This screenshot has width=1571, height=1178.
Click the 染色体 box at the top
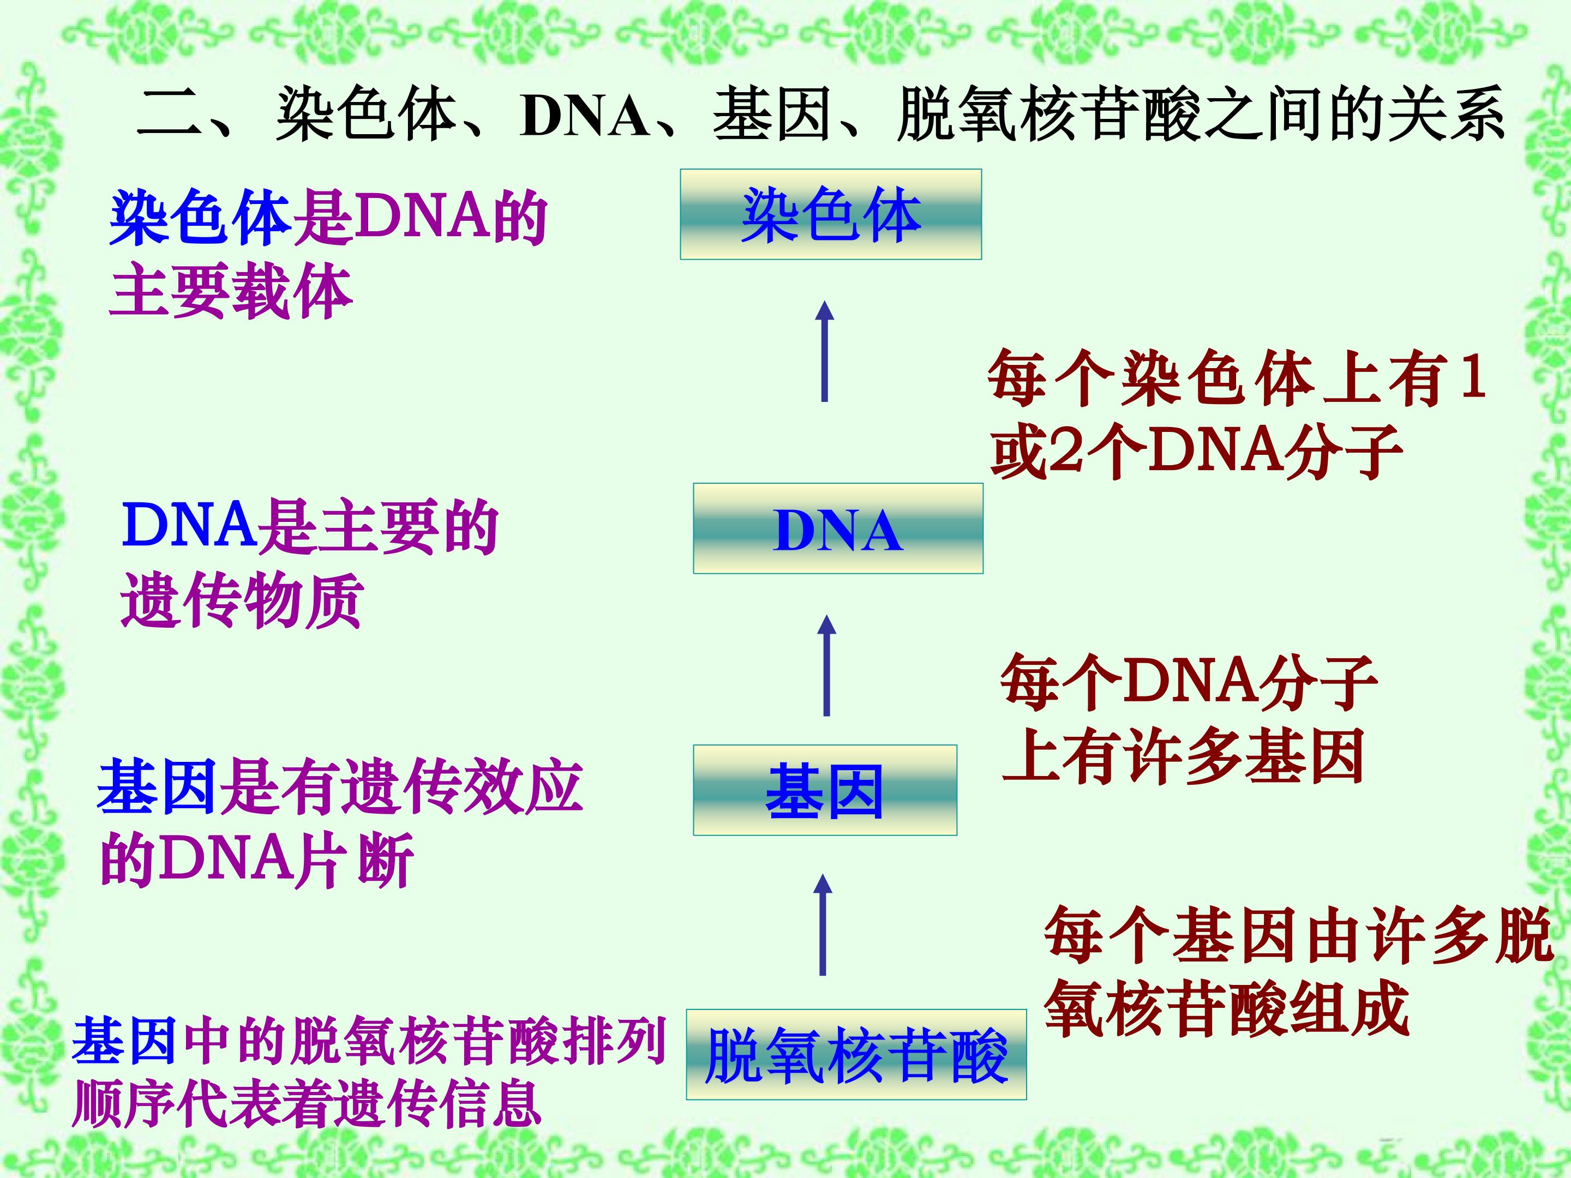pos(830,214)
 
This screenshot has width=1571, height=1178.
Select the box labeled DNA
pos(837,529)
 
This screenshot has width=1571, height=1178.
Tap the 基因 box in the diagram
pos(825,790)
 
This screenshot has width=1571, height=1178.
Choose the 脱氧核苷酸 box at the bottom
pos(856,1055)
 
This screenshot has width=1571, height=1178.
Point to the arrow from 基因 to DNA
pos(826,665)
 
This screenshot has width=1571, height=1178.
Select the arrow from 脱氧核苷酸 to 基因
pos(823,925)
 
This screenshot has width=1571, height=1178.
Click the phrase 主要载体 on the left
pos(231,292)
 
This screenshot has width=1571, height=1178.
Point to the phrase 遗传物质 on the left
pos(242,600)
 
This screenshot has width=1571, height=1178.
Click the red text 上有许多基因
pos(1183,756)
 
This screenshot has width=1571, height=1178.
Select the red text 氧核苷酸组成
pos(1227,1008)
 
